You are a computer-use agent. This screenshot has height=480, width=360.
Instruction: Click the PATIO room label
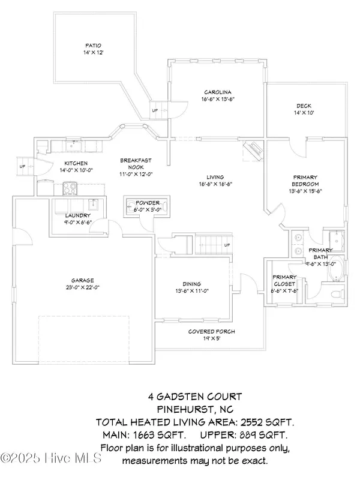(93, 45)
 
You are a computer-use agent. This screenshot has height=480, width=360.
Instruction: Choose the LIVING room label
(215, 177)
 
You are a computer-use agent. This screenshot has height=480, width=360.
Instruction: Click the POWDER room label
(146, 203)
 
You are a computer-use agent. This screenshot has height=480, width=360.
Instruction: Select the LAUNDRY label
(79, 215)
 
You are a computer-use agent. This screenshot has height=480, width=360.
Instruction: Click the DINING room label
(191, 284)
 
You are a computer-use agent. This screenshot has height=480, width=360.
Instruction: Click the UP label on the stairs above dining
(226, 245)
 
